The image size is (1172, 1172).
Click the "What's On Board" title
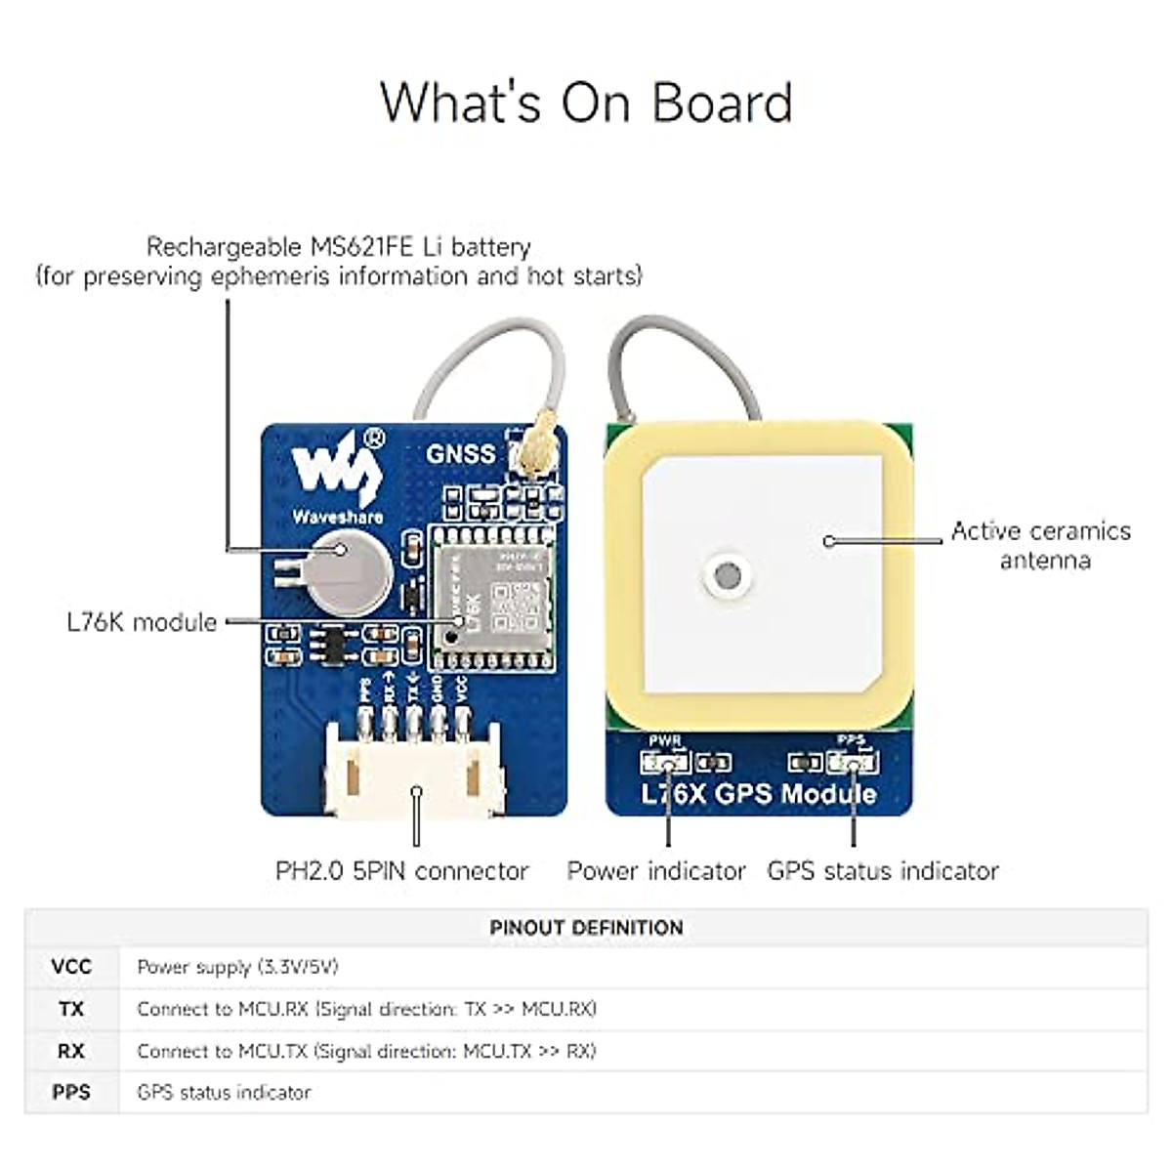[586, 102]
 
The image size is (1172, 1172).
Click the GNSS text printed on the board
[460, 453]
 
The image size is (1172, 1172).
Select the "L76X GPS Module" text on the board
[759, 793]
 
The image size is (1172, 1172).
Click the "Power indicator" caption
[656, 870]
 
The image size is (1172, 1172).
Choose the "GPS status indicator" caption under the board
[883, 870]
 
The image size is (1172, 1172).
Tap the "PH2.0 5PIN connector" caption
[401, 870]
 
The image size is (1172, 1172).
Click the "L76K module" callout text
[142, 622]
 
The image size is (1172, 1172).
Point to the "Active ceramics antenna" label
[1041, 545]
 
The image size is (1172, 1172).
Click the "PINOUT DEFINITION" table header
[586, 928]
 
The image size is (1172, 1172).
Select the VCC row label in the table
[71, 967]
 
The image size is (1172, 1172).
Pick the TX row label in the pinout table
[71, 1009]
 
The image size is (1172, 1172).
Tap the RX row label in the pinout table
[71, 1051]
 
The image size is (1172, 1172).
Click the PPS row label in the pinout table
[71, 1092]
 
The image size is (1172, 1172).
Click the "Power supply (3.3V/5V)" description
[237, 967]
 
